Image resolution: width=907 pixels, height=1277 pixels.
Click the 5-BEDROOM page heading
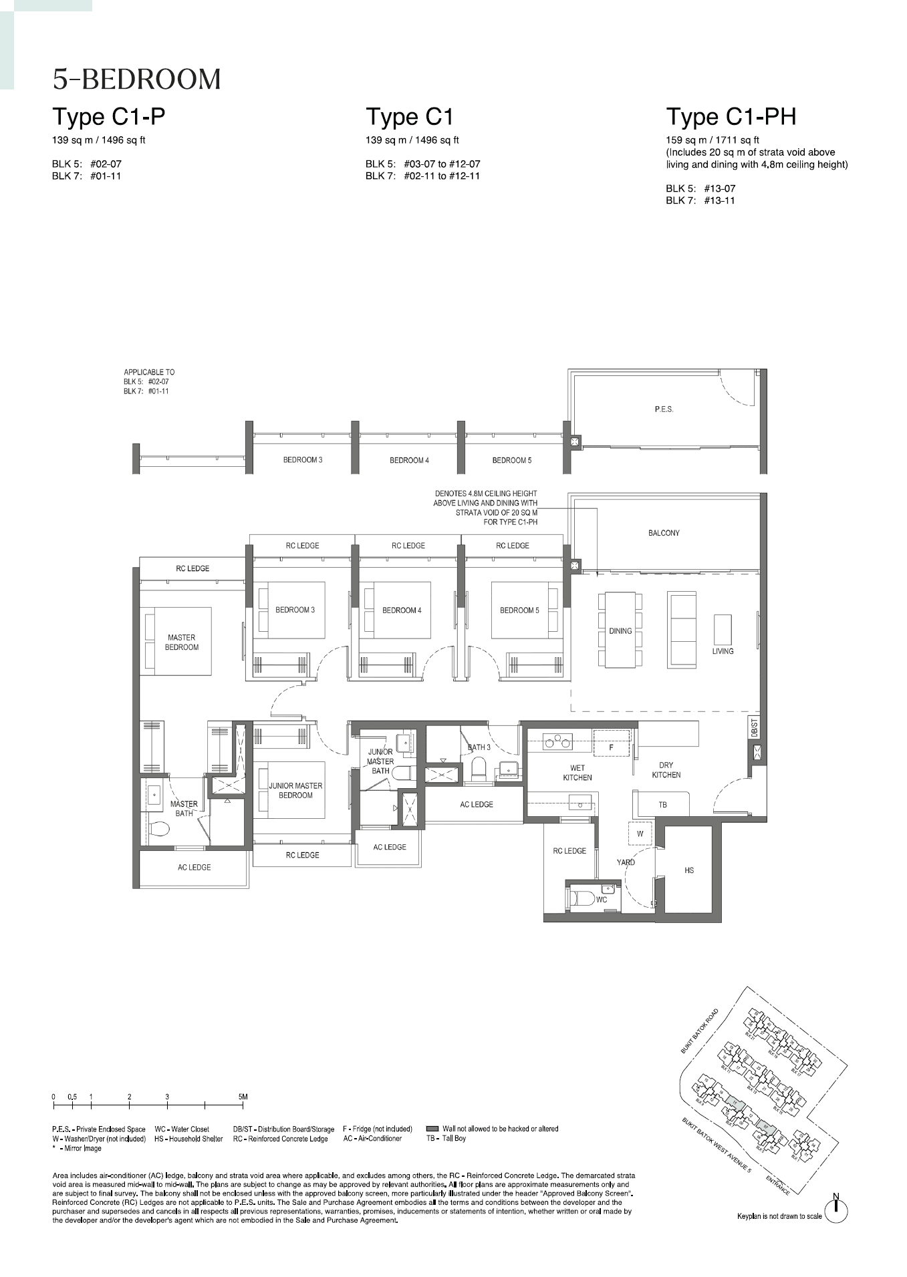click(136, 79)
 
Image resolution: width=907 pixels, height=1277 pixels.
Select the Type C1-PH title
click(731, 117)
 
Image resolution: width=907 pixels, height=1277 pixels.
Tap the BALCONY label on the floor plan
click(663, 533)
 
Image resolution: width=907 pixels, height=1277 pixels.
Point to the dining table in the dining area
click(620, 630)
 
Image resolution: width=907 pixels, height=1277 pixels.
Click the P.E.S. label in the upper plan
click(664, 409)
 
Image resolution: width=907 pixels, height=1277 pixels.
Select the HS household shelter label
click(689, 870)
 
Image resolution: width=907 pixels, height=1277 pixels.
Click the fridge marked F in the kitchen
click(612, 747)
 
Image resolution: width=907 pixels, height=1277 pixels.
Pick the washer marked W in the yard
click(640, 834)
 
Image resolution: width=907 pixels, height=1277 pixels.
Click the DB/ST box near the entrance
click(754, 727)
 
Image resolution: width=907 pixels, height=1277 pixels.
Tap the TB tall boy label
click(662, 805)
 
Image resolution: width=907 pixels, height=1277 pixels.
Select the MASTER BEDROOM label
click(182, 643)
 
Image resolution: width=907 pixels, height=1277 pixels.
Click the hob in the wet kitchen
click(557, 741)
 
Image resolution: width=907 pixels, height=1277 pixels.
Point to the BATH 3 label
click(479, 747)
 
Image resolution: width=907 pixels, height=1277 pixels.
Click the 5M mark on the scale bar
click(243, 1097)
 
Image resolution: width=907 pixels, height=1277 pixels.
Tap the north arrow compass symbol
click(835, 1210)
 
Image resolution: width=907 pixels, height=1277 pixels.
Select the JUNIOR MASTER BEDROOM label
click(295, 790)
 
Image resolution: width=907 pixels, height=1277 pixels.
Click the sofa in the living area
click(681, 629)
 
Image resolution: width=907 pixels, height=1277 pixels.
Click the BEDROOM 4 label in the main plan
click(402, 610)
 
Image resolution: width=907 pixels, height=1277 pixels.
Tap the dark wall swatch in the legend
click(432, 1129)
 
